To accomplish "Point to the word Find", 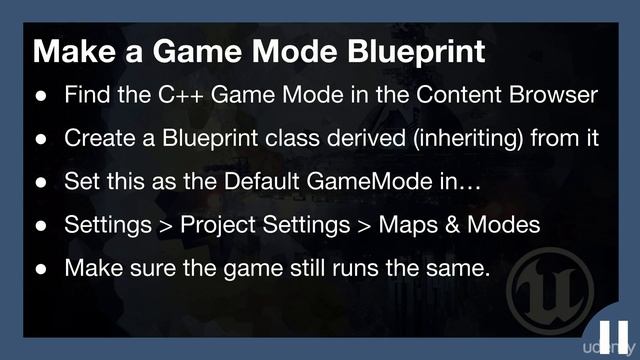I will click(x=85, y=96).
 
